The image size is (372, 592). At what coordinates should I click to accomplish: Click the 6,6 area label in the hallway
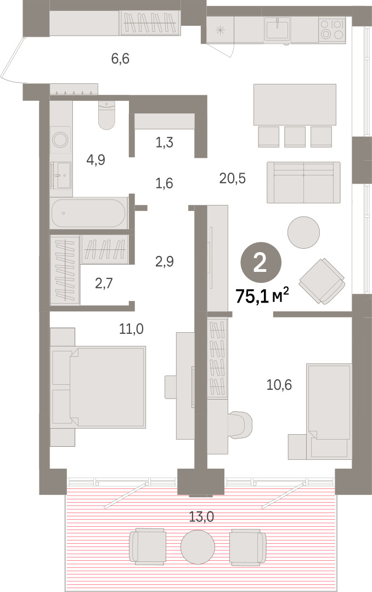point(120,59)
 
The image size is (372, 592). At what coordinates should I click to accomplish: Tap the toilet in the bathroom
point(106,115)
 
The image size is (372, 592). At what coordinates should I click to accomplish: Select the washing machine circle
point(60,140)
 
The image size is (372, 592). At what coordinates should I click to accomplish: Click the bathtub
point(88,213)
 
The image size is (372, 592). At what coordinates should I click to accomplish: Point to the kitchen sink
point(278,29)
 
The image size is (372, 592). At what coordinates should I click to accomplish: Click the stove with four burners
point(332,30)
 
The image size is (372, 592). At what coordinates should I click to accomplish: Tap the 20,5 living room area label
point(233,178)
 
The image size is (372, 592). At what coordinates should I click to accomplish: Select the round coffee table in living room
point(303,232)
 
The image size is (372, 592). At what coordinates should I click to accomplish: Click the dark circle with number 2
point(261,263)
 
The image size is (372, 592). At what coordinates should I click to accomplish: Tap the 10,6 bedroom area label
point(279,385)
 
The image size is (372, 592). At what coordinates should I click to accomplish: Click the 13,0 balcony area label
point(201,516)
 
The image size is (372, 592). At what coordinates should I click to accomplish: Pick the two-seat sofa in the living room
point(303,183)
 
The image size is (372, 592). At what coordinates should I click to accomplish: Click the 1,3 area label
point(165,143)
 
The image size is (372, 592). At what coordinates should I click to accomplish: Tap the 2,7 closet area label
point(104,283)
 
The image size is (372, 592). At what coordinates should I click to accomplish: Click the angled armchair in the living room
point(322,281)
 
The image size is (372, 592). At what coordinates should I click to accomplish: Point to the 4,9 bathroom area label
point(95,160)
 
